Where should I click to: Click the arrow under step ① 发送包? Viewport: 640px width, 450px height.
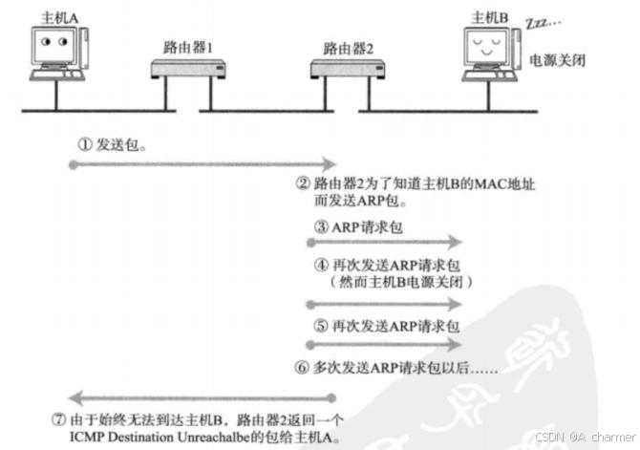pos(181,165)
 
